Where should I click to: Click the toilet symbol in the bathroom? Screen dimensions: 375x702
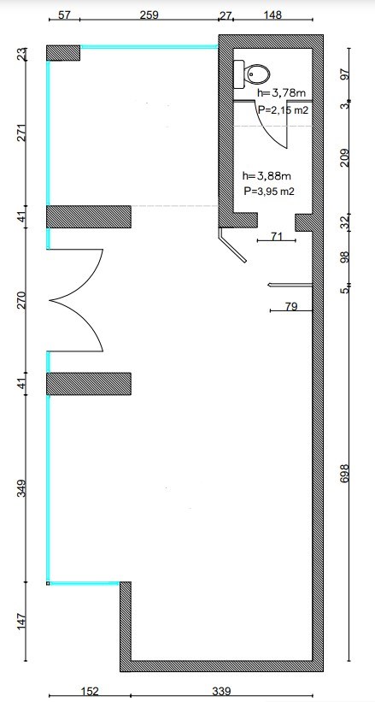pyautogui.click(x=251, y=74)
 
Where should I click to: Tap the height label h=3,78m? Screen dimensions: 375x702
pyautogui.click(x=282, y=93)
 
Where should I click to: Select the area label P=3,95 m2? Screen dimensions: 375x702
pyautogui.click(x=269, y=192)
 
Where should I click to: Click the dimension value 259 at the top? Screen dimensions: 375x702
pyautogui.click(x=149, y=15)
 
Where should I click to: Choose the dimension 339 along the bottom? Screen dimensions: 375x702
pyautogui.click(x=221, y=692)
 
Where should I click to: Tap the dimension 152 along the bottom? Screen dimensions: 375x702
pyautogui.click(x=91, y=692)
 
